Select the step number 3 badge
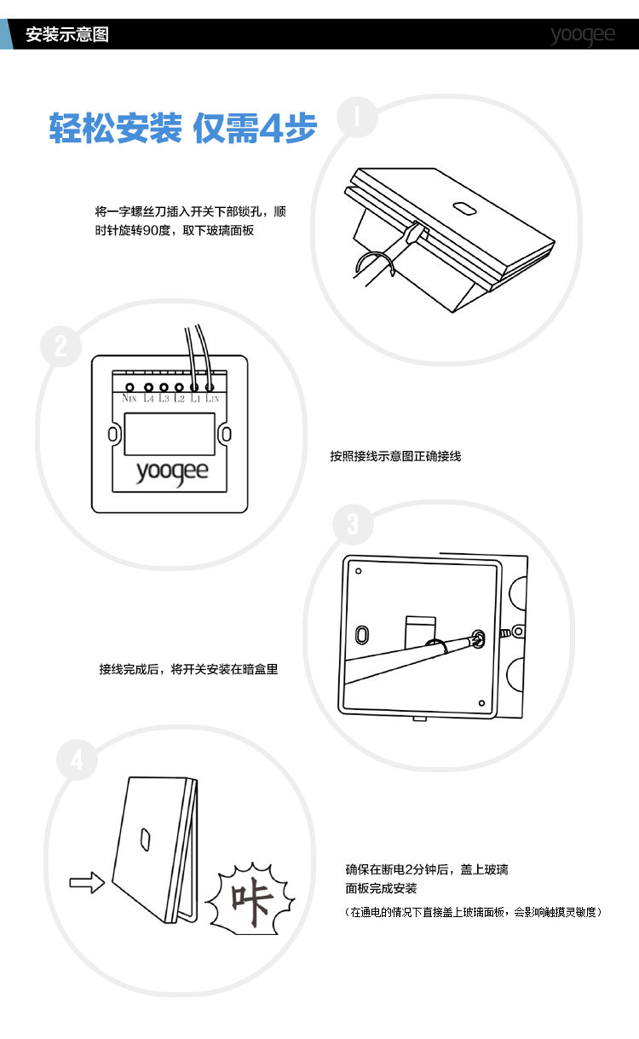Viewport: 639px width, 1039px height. tap(353, 524)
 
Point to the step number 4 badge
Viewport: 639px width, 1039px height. tap(78, 759)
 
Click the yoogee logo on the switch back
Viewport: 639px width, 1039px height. tap(171, 472)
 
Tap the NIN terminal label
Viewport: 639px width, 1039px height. tap(130, 398)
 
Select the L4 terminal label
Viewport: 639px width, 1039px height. tap(148, 398)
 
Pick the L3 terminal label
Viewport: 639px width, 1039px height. tap(164, 398)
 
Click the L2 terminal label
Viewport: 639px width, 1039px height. tap(180, 398)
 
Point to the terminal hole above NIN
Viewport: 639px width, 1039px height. tap(130, 388)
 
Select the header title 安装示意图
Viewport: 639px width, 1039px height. tap(67, 36)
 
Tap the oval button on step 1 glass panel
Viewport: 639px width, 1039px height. tap(464, 208)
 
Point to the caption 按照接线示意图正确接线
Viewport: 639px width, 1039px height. tap(395, 456)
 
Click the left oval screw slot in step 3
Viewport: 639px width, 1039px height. tap(362, 635)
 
